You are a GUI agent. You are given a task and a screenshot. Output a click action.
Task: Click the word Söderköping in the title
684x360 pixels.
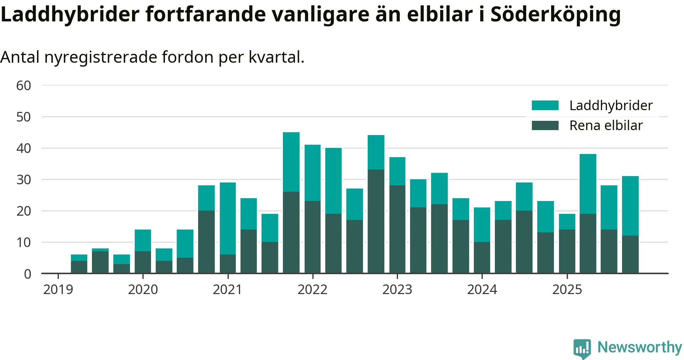tap(555, 15)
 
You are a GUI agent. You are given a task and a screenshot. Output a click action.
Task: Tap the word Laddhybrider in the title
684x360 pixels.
tap(70, 15)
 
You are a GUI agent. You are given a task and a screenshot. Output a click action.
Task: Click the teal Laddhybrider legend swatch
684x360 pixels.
tap(545, 106)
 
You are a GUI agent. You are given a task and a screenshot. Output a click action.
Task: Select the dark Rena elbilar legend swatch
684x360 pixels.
tap(545, 125)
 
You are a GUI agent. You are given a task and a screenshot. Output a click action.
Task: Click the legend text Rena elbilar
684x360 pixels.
tap(606, 125)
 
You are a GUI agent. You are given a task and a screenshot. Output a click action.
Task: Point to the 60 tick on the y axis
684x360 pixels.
tap(24, 86)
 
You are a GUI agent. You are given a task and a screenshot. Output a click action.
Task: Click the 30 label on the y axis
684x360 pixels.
tap(24, 180)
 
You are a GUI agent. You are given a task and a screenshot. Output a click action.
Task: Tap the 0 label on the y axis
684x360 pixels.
tap(27, 274)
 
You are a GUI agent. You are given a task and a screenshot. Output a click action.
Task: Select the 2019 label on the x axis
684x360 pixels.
tap(58, 289)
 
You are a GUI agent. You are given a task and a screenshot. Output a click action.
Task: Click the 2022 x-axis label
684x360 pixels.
tap(312, 289)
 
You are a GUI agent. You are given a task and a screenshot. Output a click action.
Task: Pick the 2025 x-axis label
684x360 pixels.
tap(567, 289)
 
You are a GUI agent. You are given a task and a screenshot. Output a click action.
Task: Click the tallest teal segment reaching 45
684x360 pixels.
tap(291, 162)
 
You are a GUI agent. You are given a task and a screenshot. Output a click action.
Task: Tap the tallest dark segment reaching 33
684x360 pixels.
tap(376, 221)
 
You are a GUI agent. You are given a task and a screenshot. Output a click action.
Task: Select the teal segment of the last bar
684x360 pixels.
tap(630, 206)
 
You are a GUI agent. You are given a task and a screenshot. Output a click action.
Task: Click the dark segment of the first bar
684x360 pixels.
tap(79, 267)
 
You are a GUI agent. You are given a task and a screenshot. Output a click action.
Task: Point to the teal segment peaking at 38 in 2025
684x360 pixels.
tap(588, 184)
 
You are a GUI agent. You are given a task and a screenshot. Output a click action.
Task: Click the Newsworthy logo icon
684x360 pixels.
tap(582, 348)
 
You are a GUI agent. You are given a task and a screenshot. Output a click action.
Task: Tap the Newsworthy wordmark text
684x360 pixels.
tap(639, 347)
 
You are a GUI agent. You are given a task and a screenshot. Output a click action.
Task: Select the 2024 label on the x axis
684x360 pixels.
tap(482, 289)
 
